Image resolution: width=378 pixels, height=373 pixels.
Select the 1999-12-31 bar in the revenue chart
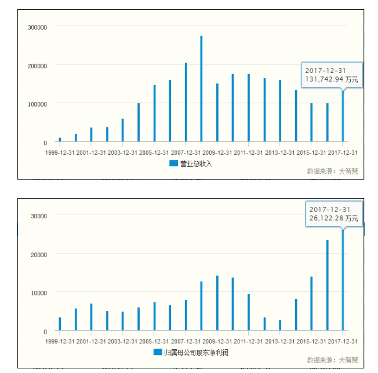[x=60, y=140]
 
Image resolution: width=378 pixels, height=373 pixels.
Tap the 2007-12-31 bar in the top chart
[x=186, y=102]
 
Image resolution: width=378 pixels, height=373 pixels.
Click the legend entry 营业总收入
[x=191, y=163]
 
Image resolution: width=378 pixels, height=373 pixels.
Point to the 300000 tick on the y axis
[x=37, y=27]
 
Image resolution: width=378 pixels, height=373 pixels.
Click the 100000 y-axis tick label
[x=37, y=104]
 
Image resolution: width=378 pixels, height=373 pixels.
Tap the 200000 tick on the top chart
[x=37, y=65]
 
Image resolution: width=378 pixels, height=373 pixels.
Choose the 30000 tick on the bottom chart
[x=39, y=215]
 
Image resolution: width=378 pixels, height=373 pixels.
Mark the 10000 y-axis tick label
[x=39, y=293]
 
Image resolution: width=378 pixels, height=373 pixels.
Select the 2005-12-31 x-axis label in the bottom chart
[x=154, y=341]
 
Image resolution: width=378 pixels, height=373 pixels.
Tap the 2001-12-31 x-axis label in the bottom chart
[x=91, y=341]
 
